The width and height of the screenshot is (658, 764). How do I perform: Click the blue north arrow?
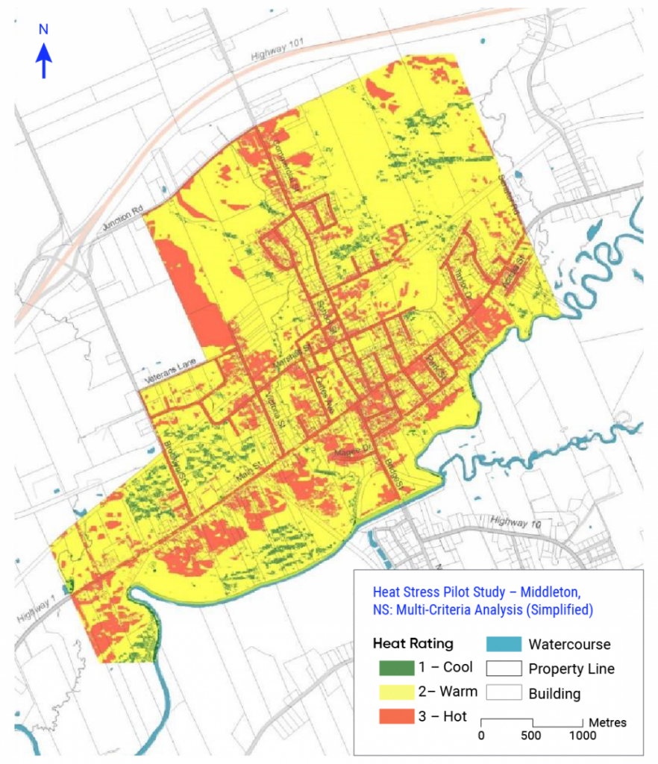click(x=44, y=60)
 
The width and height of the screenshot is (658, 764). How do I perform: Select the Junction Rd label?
click(x=118, y=216)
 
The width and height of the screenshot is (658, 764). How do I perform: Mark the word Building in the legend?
click(x=554, y=694)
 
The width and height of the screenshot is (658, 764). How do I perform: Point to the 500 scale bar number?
click(x=532, y=735)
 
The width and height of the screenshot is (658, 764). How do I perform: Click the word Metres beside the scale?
click(x=607, y=722)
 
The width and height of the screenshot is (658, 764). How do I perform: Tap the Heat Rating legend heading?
click(x=413, y=643)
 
